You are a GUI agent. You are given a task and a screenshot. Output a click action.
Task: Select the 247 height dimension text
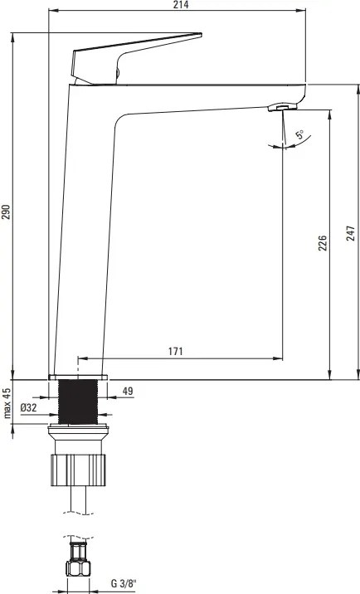(x=351, y=233)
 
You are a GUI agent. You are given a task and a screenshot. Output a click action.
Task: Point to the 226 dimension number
(x=323, y=243)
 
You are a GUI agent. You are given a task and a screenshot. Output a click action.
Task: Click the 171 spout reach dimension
(x=176, y=351)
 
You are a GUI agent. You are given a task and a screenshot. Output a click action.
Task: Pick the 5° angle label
(x=299, y=134)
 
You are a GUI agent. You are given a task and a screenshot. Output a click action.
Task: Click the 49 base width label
(x=128, y=391)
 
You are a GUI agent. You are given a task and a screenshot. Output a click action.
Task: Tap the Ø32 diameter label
(x=28, y=407)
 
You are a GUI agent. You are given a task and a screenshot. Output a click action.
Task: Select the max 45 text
(x=7, y=403)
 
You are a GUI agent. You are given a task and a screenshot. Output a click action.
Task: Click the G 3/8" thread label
(x=123, y=584)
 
